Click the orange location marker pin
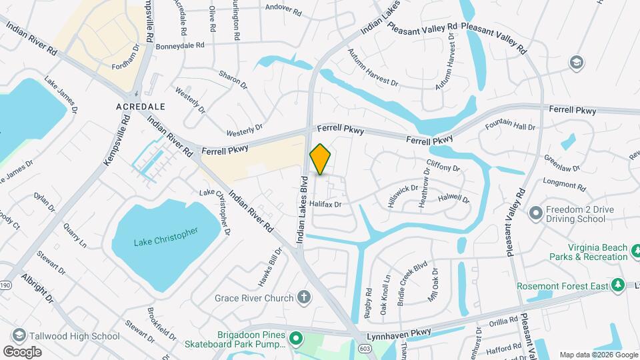click(x=321, y=159)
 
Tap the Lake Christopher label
click(x=165, y=237)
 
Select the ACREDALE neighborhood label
click(x=141, y=107)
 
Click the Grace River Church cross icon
click(x=304, y=297)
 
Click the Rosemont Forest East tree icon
click(x=617, y=286)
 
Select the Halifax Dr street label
click(x=325, y=205)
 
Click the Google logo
click(x=22, y=352)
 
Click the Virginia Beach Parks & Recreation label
click(x=588, y=252)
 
